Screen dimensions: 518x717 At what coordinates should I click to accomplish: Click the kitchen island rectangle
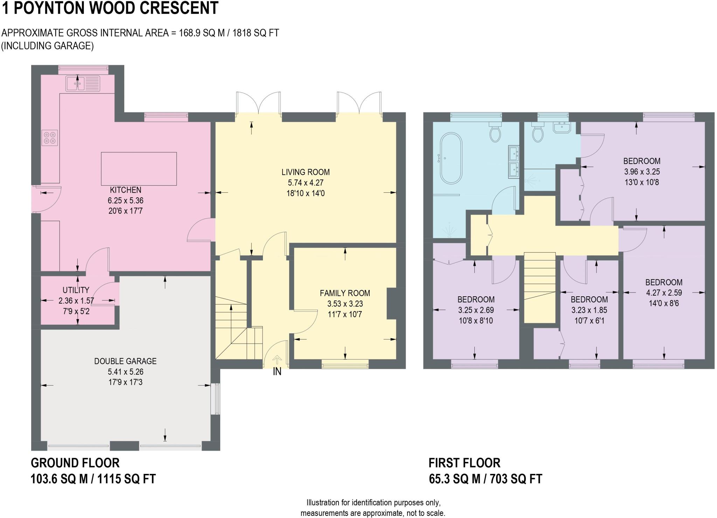[x=139, y=168]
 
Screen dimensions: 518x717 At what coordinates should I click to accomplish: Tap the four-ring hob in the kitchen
[x=49, y=137]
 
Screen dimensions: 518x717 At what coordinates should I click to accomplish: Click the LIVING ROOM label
[x=305, y=172]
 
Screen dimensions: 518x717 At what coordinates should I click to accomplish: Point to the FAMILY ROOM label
[x=344, y=293]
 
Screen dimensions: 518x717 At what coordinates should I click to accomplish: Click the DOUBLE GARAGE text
[x=125, y=361]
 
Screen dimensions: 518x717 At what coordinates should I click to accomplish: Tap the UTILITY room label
[x=76, y=290]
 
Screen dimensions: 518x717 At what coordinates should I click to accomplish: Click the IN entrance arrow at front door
[x=277, y=360]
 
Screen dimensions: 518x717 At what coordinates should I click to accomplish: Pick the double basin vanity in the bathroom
[x=514, y=163]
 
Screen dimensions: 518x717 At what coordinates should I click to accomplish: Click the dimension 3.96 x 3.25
[x=642, y=172]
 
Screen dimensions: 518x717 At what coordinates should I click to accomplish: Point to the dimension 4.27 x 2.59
[x=663, y=293]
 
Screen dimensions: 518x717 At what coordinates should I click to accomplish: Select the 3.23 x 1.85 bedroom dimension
[x=589, y=310]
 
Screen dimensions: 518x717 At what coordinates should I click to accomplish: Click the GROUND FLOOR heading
[x=75, y=463]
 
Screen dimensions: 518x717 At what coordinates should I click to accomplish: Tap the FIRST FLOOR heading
[x=464, y=463]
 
